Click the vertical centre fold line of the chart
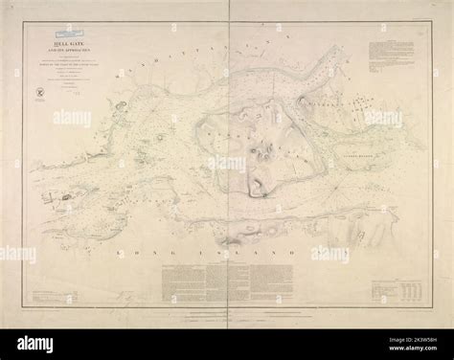(227, 172)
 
